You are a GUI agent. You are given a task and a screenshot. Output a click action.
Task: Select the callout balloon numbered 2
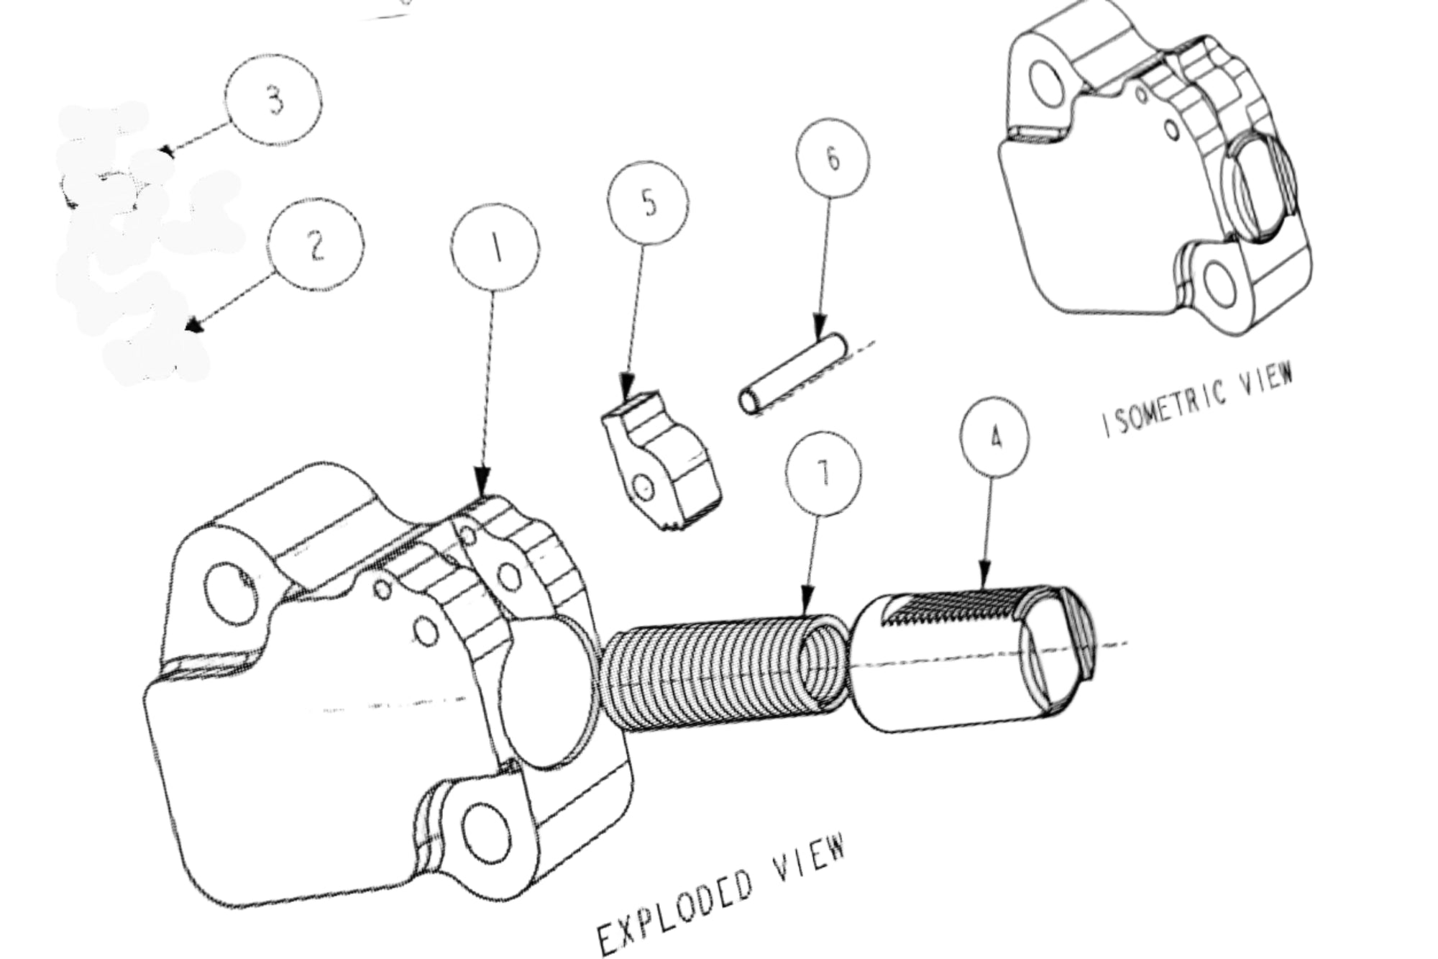[x=315, y=245]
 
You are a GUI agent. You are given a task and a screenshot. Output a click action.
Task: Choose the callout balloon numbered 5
[x=648, y=204]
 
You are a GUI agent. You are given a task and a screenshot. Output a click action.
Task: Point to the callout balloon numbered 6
[x=833, y=159]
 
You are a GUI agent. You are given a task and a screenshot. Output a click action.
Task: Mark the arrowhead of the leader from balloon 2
[x=193, y=327]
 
